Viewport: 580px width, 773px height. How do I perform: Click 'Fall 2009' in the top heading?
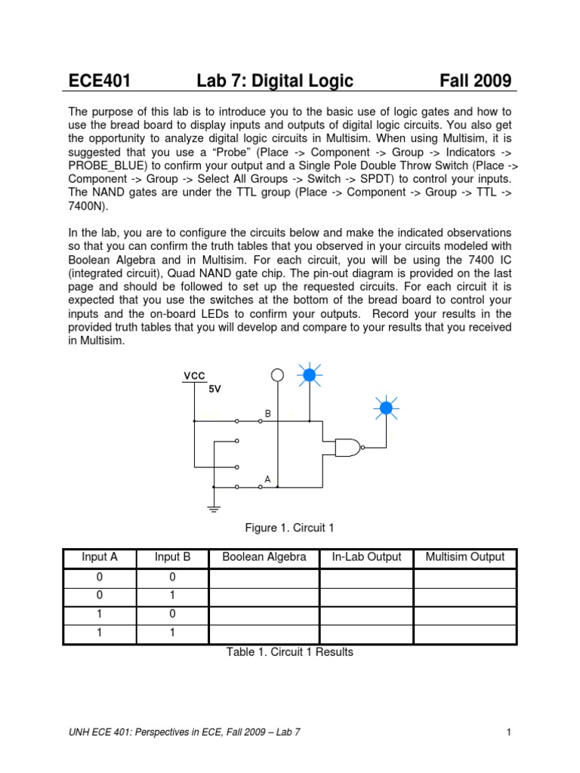tap(476, 81)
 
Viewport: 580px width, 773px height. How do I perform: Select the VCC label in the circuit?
tap(193, 375)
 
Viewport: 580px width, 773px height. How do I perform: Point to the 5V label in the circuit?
tap(215, 389)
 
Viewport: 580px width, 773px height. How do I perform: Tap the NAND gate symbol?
tap(347, 447)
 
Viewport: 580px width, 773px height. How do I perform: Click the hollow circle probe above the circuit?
tap(277, 375)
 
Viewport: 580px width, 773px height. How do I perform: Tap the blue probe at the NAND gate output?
tap(385, 408)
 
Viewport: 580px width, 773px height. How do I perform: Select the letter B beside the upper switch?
tap(267, 414)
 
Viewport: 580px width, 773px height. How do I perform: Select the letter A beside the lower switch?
tap(267, 479)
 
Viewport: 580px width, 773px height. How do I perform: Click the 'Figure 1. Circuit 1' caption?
tap(289, 528)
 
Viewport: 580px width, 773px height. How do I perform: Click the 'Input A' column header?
tap(100, 558)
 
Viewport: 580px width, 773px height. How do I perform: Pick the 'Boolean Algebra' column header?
tap(264, 558)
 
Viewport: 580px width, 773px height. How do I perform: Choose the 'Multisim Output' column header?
tap(465, 558)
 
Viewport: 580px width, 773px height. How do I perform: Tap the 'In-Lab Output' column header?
tap(366, 558)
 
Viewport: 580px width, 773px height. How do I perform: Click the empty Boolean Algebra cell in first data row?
tap(264, 578)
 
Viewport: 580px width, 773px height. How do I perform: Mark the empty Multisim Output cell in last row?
tap(465, 633)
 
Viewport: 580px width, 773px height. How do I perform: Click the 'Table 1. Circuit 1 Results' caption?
tap(289, 652)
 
